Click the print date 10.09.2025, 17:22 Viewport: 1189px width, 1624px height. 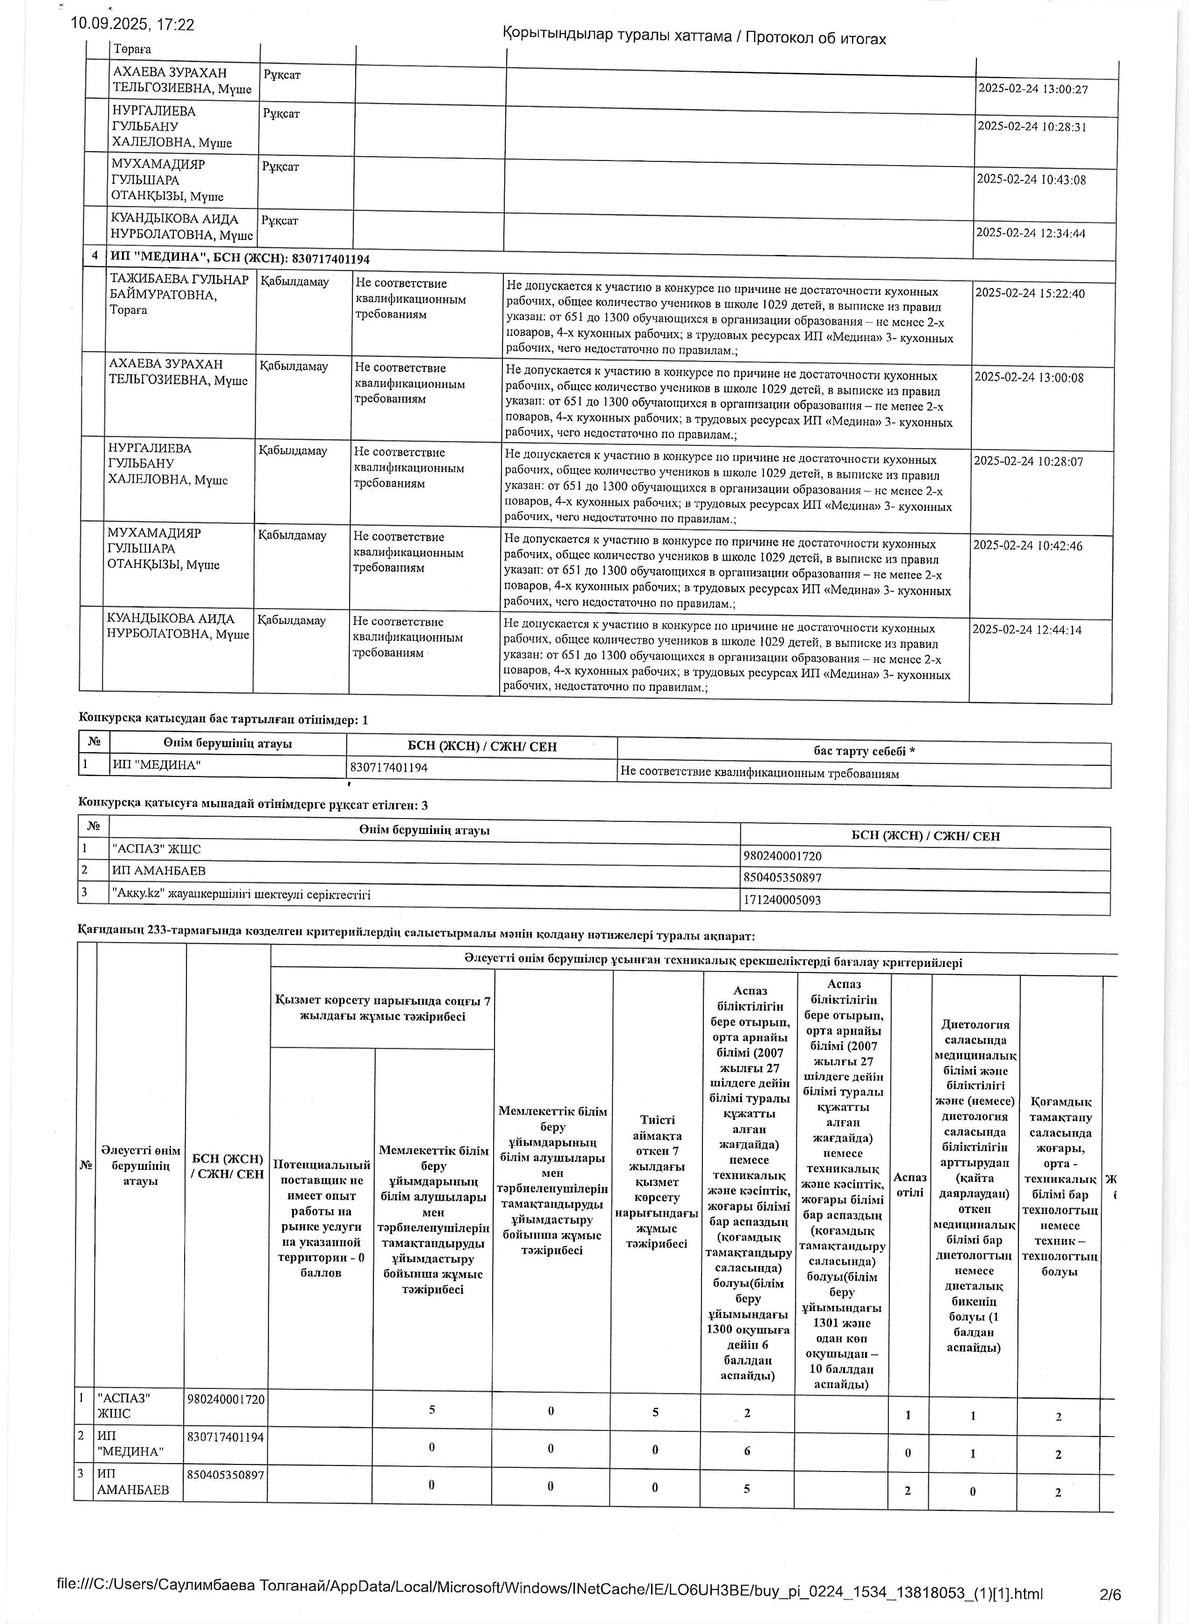pos(132,24)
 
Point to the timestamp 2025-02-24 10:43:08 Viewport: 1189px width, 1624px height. pos(1031,179)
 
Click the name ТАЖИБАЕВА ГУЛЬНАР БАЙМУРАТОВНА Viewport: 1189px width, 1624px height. pos(179,287)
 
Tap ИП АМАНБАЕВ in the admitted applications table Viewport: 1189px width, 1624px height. pos(159,870)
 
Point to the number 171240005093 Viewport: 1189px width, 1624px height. pos(781,899)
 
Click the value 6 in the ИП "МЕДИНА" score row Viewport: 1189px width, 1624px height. pos(747,1451)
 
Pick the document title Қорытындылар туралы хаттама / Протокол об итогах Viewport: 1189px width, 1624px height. pos(694,37)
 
